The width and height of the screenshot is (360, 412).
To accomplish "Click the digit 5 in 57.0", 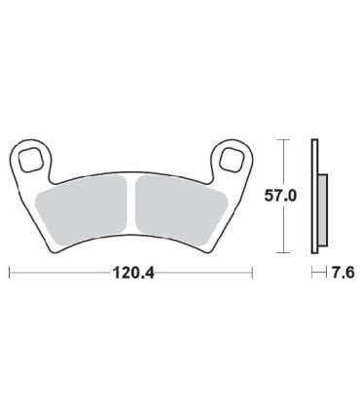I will pos(270,197).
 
